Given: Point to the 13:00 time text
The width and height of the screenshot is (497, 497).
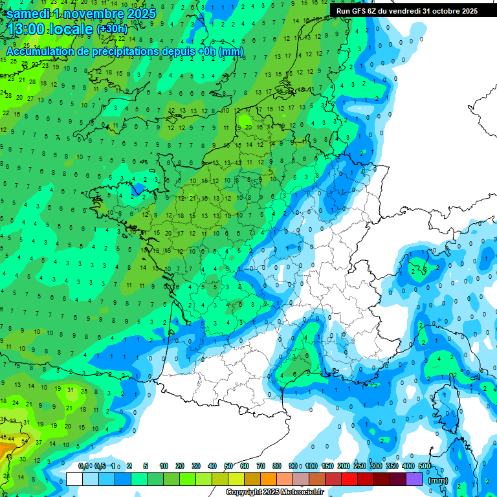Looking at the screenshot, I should pos(28,29).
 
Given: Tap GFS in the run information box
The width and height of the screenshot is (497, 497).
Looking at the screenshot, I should pos(360,11).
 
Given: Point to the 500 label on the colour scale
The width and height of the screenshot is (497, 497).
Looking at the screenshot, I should pos(425,467).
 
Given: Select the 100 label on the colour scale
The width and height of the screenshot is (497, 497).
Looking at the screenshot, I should pos(311,467).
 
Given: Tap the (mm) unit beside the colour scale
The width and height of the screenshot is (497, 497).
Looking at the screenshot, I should pos(438,480).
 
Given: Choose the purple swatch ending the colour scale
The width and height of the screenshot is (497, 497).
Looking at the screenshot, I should pos(415,479).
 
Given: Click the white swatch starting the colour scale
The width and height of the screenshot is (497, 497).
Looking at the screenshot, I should pos(74,479).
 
